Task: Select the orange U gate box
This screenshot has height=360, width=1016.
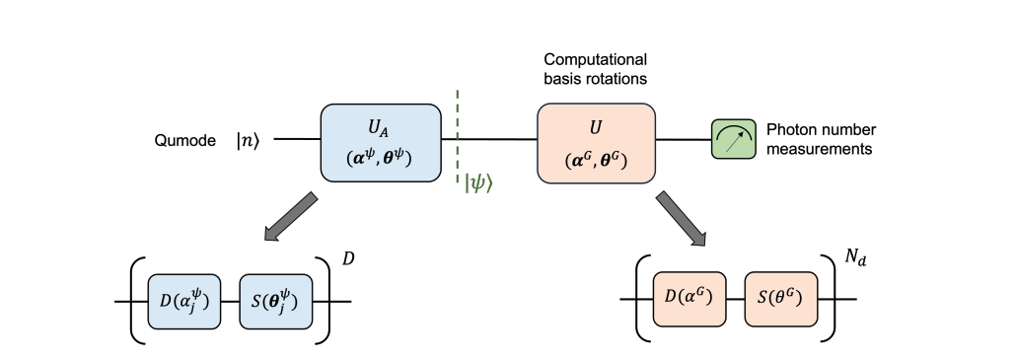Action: click(596, 142)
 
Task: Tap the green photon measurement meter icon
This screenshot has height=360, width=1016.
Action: click(732, 140)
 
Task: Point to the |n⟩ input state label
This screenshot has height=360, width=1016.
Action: click(250, 140)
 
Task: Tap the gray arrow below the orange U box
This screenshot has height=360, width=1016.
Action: click(682, 218)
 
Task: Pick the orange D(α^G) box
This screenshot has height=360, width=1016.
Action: click(689, 298)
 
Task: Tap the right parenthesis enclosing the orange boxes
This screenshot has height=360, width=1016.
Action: click(833, 298)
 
